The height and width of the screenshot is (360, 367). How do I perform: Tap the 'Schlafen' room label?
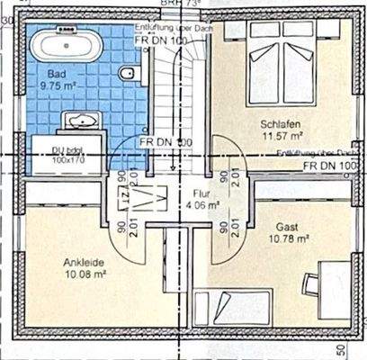(x=280, y=124)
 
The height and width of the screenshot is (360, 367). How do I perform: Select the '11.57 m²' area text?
(x=280, y=136)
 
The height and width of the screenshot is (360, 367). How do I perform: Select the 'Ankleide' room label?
(x=84, y=263)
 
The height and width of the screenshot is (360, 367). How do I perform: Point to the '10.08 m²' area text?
(x=84, y=274)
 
